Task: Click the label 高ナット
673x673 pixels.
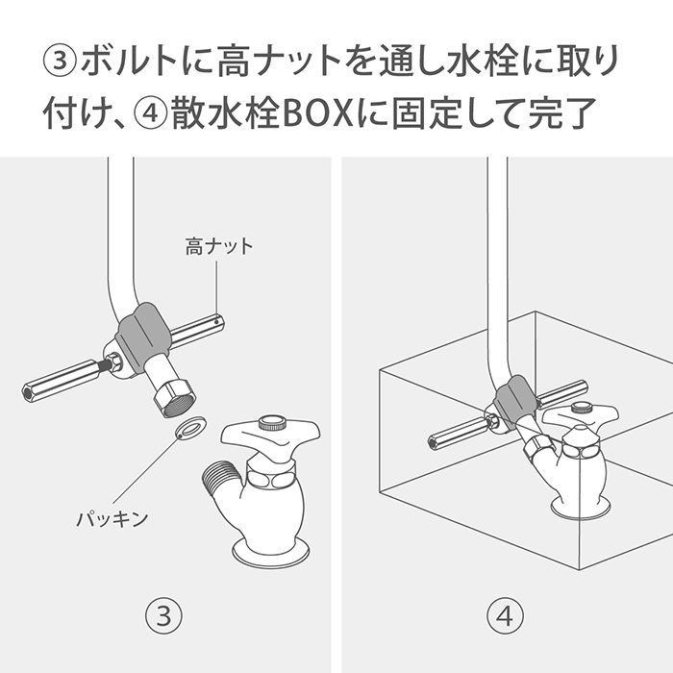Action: [x=219, y=247]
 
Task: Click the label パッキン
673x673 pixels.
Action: [x=112, y=519]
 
